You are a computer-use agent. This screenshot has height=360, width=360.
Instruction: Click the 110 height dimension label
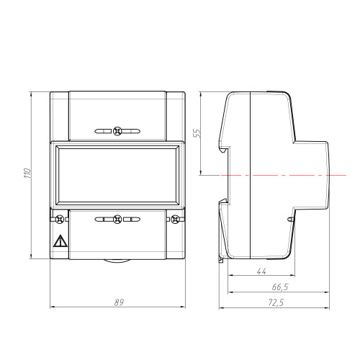(x=28, y=173)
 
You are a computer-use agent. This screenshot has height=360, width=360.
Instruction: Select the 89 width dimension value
(x=119, y=302)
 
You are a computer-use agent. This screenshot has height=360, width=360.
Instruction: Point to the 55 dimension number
(x=197, y=133)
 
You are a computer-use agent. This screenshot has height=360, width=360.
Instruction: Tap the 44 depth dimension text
(x=261, y=271)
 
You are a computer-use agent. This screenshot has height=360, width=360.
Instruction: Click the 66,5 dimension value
(x=280, y=287)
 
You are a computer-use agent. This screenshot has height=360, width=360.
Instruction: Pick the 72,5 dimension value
(x=276, y=302)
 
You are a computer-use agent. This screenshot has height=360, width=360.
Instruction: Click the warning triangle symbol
(x=60, y=241)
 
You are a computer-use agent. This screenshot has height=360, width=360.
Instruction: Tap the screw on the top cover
(x=117, y=131)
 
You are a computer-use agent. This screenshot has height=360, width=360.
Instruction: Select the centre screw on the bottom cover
(x=117, y=219)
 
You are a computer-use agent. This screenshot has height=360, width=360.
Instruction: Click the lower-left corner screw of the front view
(x=59, y=219)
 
